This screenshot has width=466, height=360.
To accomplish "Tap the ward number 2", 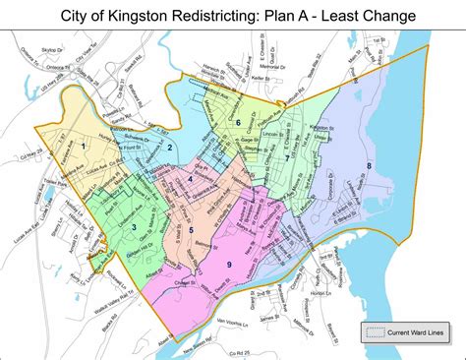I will pyautogui.click(x=170, y=148).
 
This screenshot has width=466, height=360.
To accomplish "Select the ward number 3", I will pyautogui.click(x=134, y=227).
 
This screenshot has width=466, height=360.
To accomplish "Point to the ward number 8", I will pyautogui.click(x=368, y=165).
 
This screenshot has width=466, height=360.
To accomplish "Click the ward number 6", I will pyautogui.click(x=238, y=123).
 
